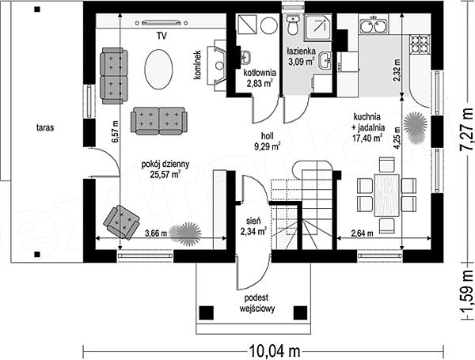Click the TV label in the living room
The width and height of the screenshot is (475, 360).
pyautogui.click(x=161, y=36)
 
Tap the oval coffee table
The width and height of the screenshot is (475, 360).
pyautogui.click(x=158, y=70)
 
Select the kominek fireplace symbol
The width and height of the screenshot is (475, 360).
pyautogui.click(x=217, y=65)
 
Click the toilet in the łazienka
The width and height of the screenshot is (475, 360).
pyautogui.click(x=293, y=25)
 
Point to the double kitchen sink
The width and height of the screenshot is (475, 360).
pyautogui.click(x=374, y=25)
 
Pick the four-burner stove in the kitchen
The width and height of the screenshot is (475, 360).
pyautogui.click(x=420, y=44)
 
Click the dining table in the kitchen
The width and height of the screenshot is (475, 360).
pyautogui.click(x=386, y=195)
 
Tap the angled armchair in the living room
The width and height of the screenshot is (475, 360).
pyautogui.click(x=121, y=222)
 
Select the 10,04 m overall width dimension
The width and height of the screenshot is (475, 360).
pyautogui.click(x=275, y=351)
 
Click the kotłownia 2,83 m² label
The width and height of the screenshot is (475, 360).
pyautogui.click(x=260, y=78)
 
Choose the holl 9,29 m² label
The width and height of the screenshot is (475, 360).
pyautogui.click(x=268, y=142)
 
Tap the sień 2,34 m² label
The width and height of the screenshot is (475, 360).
pyautogui.click(x=253, y=226)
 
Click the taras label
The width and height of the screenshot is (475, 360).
pyautogui.click(x=45, y=127)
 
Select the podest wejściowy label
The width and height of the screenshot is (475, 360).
pyautogui.click(x=256, y=303)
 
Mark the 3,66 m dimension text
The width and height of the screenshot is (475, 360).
pyautogui.click(x=156, y=233)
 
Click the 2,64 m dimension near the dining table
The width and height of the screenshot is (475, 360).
pyautogui.click(x=362, y=233)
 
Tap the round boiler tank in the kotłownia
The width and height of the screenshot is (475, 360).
pyautogui.click(x=269, y=26)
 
